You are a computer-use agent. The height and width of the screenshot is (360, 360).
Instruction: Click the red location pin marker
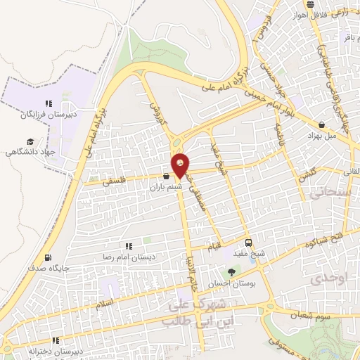pos(181,165)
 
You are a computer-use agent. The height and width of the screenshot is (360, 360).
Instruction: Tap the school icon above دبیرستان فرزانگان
pos(49,103)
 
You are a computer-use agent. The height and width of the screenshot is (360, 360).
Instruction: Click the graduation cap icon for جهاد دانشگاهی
pos(30,141)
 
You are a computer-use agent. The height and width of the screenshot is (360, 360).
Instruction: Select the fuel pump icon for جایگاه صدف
pos(48,257)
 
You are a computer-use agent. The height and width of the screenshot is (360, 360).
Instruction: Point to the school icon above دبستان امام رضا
pos(129,246)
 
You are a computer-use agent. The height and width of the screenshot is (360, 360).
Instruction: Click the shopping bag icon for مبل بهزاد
pos(321,124)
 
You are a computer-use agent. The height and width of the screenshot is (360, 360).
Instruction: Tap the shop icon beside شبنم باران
pos(165,176)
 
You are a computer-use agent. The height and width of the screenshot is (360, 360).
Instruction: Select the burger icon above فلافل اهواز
pos(310,6)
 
